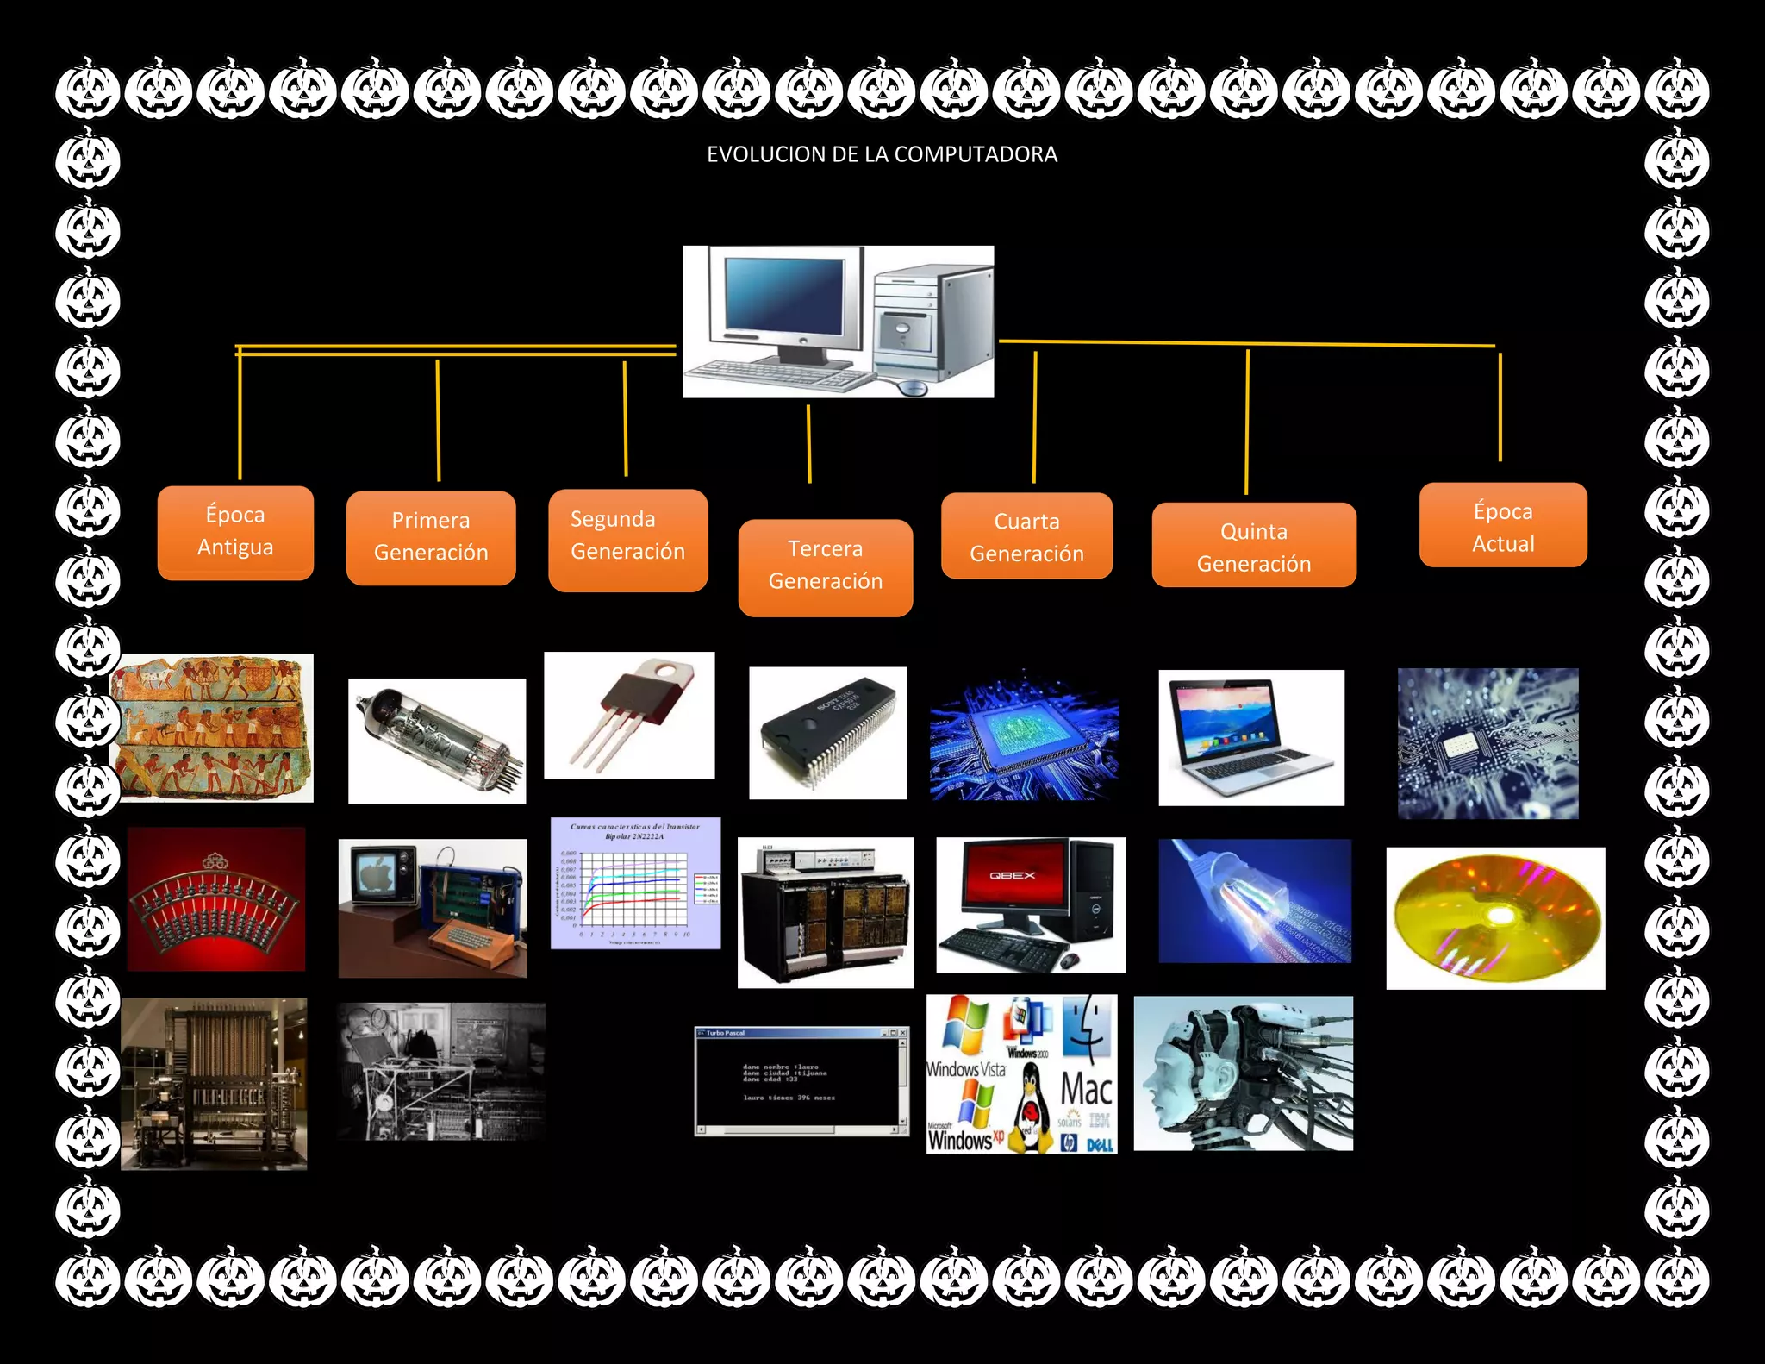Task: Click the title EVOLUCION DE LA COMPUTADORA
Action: coord(882,154)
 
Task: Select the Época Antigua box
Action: coord(235,532)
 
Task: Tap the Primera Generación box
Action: coord(431,537)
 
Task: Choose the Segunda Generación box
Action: coord(627,540)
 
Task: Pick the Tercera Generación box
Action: coord(825,566)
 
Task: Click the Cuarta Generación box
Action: coord(1026,536)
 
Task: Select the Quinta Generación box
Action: coord(1253,546)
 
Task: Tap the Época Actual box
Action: coord(1502,526)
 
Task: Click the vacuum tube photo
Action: coord(437,741)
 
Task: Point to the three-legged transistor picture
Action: coord(629,715)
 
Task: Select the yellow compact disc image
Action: coord(1495,917)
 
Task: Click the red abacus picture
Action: coord(215,899)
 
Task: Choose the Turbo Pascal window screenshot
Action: coord(801,1081)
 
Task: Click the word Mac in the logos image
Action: coord(1086,1088)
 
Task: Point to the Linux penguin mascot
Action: coord(1030,1108)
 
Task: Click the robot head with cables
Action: coord(1243,1073)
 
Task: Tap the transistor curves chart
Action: coord(635,883)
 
